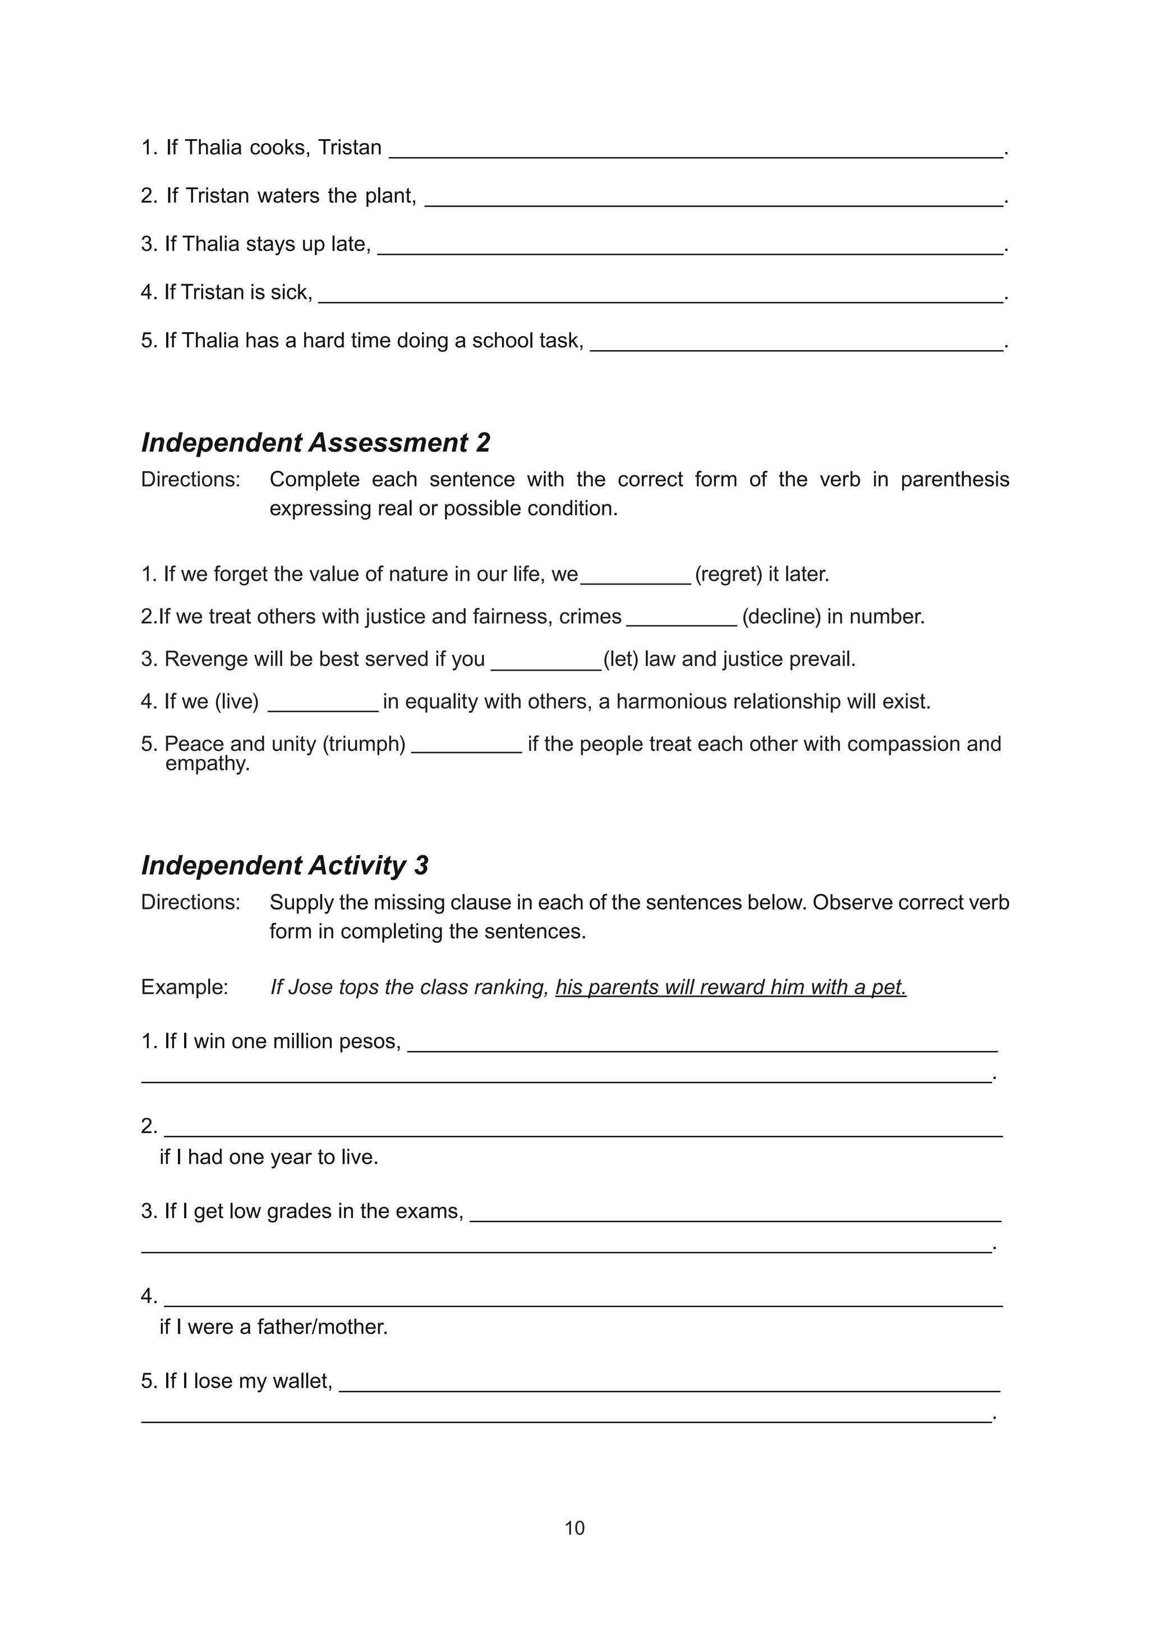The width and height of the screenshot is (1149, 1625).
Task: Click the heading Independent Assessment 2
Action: (x=315, y=443)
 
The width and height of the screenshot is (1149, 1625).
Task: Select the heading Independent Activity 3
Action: (x=284, y=866)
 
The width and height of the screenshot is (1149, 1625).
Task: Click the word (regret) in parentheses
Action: (x=728, y=574)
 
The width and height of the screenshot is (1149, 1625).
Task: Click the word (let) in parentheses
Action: (x=621, y=659)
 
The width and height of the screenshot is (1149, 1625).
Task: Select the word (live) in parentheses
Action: (x=237, y=701)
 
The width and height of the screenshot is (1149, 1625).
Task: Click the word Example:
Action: (x=185, y=988)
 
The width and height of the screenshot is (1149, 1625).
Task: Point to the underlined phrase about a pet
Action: (x=731, y=988)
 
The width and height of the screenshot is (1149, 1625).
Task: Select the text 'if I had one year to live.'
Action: (x=269, y=1157)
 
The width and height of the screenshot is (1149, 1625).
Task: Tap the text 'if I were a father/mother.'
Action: (x=274, y=1327)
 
